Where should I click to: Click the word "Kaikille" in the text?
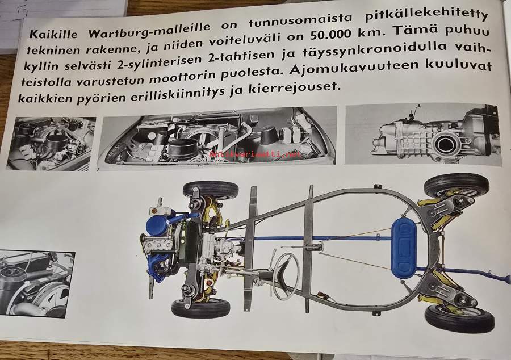click(x=54, y=34)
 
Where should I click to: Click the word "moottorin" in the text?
click(x=184, y=77)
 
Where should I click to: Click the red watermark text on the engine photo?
click(x=255, y=154)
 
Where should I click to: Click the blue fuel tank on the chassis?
click(x=404, y=248)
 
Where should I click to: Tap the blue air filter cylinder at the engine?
click(x=157, y=224)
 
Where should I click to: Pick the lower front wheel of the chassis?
click(x=201, y=308)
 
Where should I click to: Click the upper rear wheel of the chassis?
click(x=456, y=185)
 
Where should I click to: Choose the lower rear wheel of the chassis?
click(x=459, y=318)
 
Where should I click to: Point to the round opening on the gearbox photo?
click(x=444, y=145)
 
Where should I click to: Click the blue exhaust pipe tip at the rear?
click(x=506, y=279)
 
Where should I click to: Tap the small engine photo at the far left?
click(x=51, y=144)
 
